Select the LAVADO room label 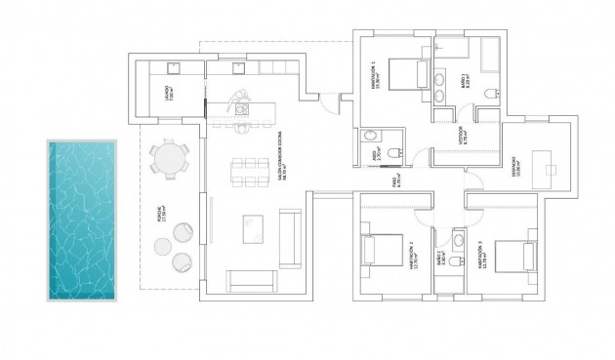(x=168, y=93)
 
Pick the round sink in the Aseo (x=369, y=138)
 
